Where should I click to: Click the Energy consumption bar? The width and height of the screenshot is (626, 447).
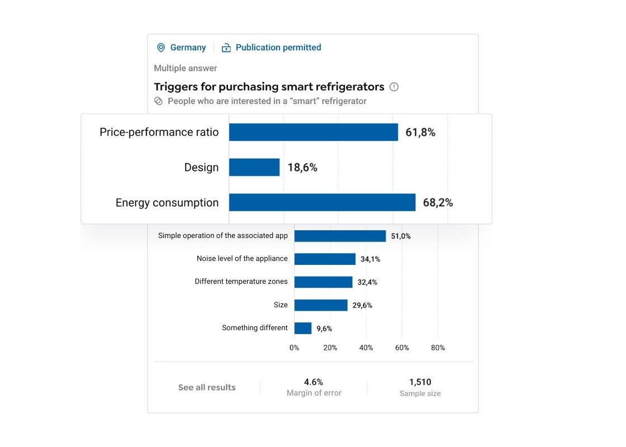322,202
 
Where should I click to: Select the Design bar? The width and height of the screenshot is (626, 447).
254,167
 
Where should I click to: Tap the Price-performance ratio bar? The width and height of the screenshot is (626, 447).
314,132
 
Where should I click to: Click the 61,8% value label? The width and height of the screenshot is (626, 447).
420,132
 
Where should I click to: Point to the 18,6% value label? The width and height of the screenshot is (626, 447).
302,167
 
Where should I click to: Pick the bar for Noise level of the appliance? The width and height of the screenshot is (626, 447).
325,259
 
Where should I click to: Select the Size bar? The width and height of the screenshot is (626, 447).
321,305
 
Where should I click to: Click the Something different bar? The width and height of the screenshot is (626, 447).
303,328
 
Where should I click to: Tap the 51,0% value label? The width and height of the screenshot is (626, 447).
401,236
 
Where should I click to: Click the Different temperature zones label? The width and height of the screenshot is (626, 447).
241,282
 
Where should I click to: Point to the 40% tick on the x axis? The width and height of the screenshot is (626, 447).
366,348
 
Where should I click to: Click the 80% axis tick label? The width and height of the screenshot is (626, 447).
438,348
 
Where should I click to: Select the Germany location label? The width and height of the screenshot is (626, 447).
188,47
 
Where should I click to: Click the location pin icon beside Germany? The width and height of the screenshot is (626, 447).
161,47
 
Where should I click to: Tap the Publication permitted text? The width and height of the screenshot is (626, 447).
278,47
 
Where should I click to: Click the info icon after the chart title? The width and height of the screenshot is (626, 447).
394,87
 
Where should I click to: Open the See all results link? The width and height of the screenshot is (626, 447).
207,387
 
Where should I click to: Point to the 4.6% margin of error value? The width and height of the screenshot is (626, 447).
314,382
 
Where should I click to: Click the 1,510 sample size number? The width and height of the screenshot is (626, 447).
420,382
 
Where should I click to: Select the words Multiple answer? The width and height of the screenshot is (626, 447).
186,68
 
